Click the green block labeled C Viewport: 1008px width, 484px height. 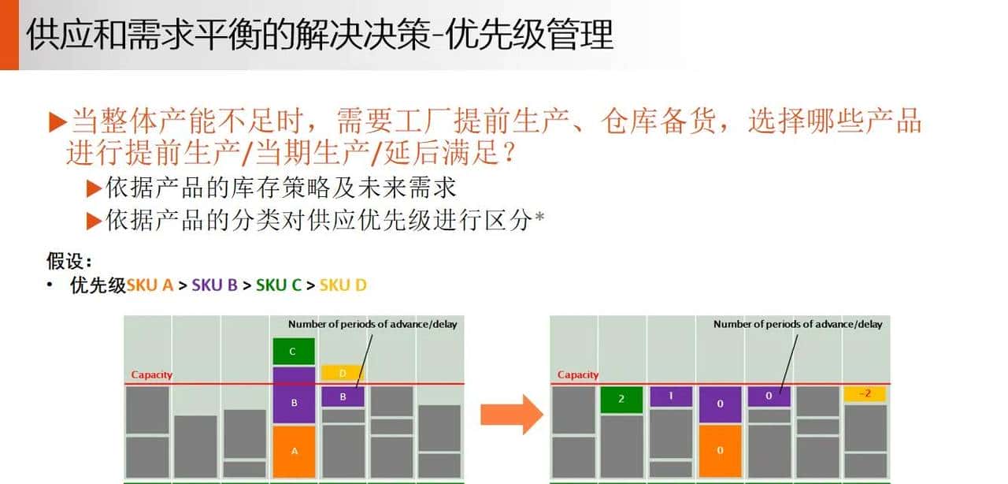pyautogui.click(x=294, y=352)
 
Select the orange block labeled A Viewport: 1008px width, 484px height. pyautogui.click(x=294, y=451)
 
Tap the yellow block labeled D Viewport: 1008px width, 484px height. pyautogui.click(x=342, y=373)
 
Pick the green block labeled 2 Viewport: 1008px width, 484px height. pyautogui.click(x=621, y=399)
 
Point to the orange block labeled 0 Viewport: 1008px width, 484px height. pyautogui.click(x=720, y=451)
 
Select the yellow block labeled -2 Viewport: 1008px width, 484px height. pyautogui.click(x=864, y=394)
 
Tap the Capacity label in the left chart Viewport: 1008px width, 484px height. pyautogui.click(x=151, y=375)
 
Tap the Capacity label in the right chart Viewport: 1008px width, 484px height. pyautogui.click(x=578, y=375)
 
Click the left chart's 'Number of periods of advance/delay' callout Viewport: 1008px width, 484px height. pyautogui.click(x=372, y=324)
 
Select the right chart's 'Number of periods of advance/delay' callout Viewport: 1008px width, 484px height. pyautogui.click(x=798, y=324)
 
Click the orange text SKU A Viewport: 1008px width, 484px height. pyautogui.click(x=150, y=285)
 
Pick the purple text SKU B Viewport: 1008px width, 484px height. pyautogui.click(x=214, y=285)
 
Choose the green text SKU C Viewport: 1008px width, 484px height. pyautogui.click(x=279, y=285)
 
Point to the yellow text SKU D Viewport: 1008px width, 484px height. pyautogui.click(x=343, y=285)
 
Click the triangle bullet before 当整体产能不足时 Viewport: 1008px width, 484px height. pyautogui.click(x=57, y=122)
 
